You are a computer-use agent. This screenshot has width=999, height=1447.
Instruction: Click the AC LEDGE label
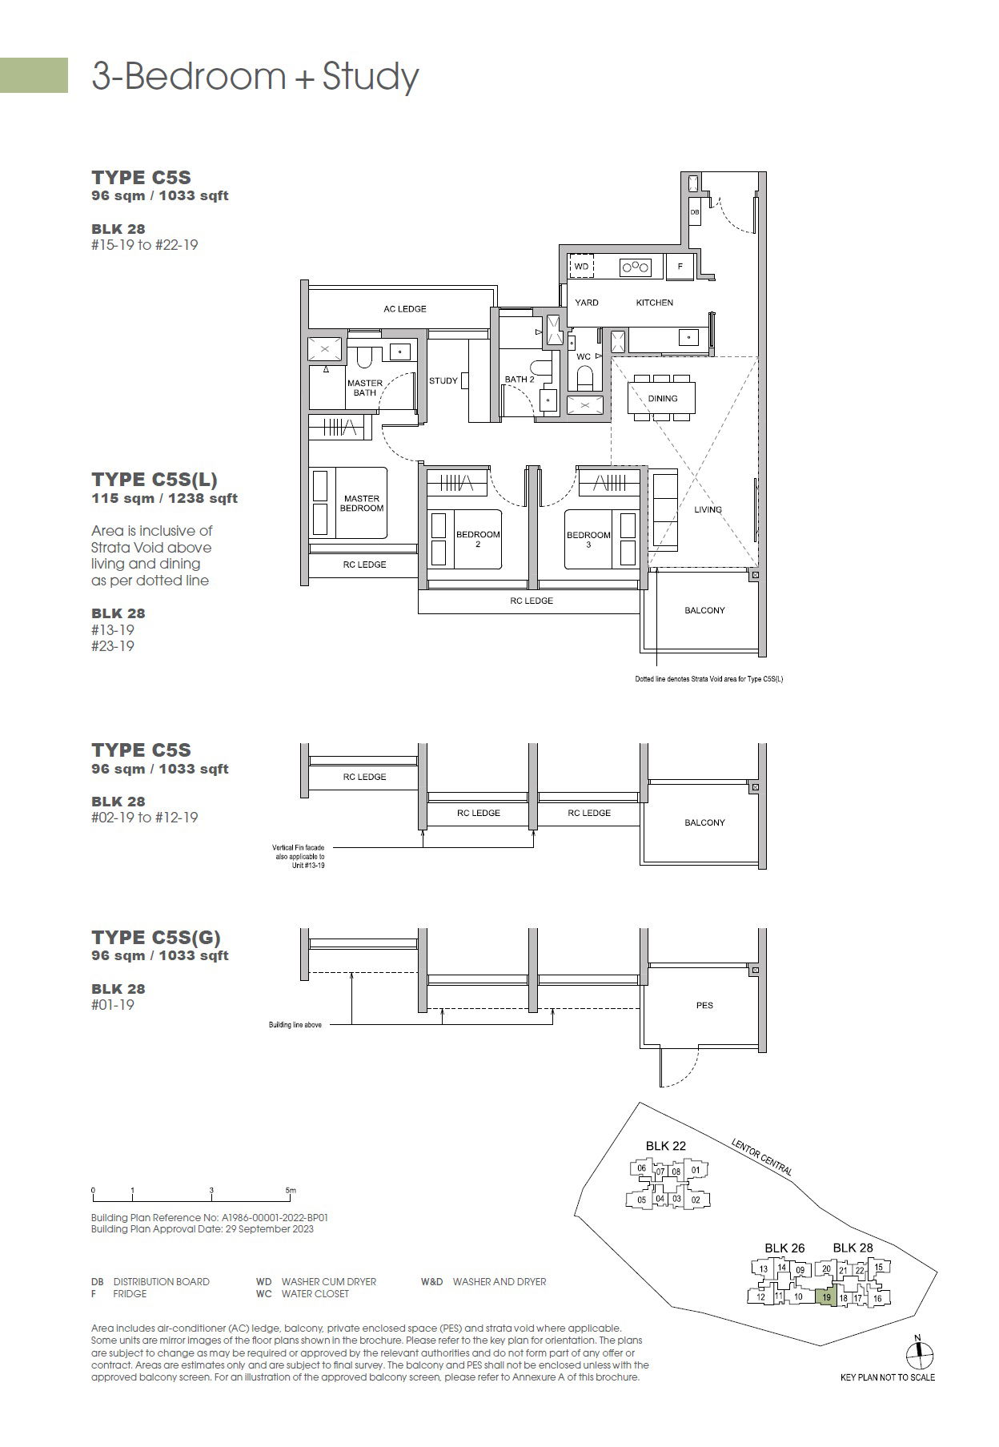coord(405,309)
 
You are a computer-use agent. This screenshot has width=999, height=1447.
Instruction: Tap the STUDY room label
coord(443,380)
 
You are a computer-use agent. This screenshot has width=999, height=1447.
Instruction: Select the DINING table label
coord(663,398)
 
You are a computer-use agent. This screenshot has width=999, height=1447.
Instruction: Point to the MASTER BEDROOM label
coord(362,504)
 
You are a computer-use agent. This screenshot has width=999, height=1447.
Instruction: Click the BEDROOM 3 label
coord(588,540)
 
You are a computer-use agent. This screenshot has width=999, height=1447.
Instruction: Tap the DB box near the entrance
coord(694,212)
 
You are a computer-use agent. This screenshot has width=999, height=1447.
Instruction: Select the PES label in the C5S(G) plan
coord(704,1005)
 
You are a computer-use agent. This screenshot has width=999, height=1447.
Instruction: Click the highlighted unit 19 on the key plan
coord(826,1296)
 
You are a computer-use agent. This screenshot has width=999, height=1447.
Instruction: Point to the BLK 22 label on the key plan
coord(666,1146)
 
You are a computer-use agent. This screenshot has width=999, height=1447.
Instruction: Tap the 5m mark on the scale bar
coord(291,1190)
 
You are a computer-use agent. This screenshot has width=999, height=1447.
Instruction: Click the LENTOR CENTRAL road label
coord(762,1157)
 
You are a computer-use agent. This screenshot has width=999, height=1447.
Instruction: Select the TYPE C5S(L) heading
coord(154,480)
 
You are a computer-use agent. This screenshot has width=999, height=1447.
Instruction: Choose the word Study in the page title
coord(371,77)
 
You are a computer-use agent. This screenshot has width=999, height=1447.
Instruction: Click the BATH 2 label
coord(520,380)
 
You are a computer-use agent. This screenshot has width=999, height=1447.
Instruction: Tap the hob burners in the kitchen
coord(636,267)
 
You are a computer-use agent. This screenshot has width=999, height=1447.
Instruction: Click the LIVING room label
coord(708,509)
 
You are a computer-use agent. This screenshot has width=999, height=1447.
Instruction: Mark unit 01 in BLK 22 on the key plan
coord(696,1170)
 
